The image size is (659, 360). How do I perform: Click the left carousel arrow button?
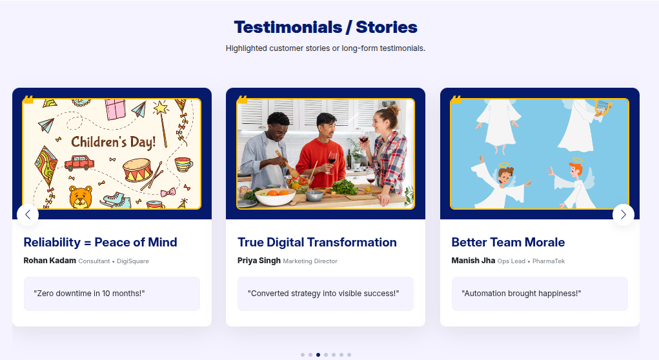pyautogui.click(x=28, y=215)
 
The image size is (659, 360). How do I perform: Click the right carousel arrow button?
pyautogui.click(x=623, y=215)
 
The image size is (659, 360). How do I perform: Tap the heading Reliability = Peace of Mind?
pyautogui.click(x=100, y=243)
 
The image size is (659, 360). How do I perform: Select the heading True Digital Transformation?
pyautogui.click(x=317, y=243)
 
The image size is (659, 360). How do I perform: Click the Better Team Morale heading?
pyautogui.click(x=508, y=243)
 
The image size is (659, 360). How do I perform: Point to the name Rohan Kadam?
pyautogui.click(x=50, y=261)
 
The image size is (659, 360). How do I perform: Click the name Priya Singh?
pyautogui.click(x=259, y=261)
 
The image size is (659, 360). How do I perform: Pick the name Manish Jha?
pyautogui.click(x=473, y=261)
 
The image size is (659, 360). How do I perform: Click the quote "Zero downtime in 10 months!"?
pyautogui.click(x=89, y=294)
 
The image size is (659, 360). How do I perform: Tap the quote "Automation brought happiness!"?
pyautogui.click(x=522, y=294)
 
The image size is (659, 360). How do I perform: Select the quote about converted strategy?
pyautogui.click(x=323, y=294)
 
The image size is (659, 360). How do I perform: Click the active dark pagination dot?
pyautogui.click(x=318, y=354)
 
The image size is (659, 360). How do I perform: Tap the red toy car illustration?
pyautogui.click(x=79, y=163)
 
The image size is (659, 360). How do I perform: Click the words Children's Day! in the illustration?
pyautogui.click(x=114, y=142)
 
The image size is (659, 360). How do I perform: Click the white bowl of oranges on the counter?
pyautogui.click(x=275, y=195)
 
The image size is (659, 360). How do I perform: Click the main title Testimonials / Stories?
pyautogui.click(x=325, y=27)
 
